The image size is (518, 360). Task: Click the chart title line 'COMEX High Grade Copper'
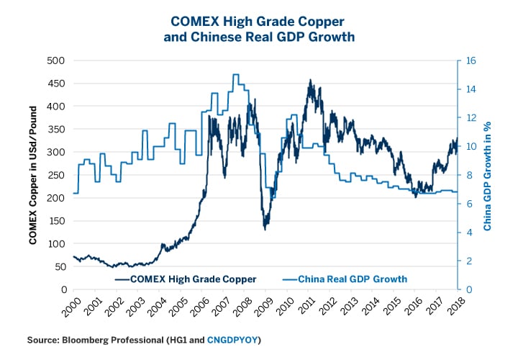[x=258, y=23]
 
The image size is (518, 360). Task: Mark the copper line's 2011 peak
[x=309, y=81]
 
